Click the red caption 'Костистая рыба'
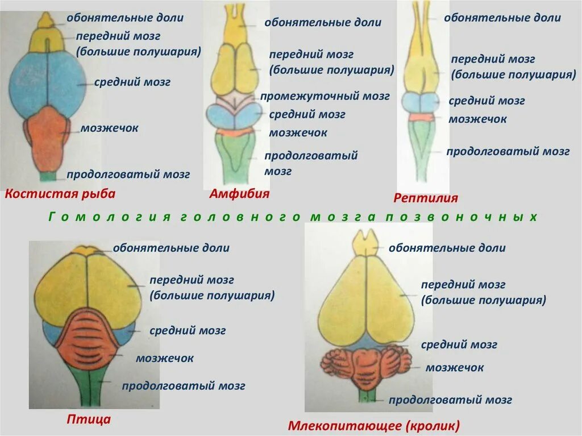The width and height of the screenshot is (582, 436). (60, 194)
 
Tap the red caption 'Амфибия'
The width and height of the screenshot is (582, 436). (239, 194)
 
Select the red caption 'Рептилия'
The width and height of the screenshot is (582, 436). (426, 198)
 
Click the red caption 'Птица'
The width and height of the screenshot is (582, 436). (88, 420)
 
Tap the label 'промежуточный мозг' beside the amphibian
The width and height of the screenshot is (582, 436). (325, 96)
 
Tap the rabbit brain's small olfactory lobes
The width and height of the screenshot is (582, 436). (365, 243)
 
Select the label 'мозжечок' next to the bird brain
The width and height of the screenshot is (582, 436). (165, 358)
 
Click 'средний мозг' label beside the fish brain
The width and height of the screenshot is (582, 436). (132, 82)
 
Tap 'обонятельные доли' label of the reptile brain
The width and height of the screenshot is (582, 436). (502, 18)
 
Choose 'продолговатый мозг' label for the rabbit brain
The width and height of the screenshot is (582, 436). (451, 400)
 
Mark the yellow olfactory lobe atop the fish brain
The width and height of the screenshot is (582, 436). (46, 22)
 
